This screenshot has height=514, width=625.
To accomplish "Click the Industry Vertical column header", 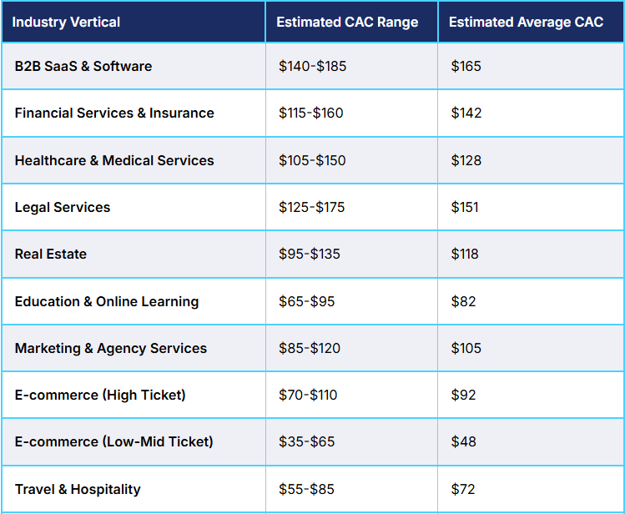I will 67,22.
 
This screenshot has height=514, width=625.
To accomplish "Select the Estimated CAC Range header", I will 348,22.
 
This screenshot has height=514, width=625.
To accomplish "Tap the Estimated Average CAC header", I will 526,22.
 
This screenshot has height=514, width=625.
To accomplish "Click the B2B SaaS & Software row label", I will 83,66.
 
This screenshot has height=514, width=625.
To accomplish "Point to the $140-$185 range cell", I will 312,66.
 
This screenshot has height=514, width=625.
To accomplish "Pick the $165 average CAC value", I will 466,66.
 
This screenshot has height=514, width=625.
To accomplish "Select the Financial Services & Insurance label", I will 114,113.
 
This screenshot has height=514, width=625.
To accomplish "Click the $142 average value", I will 466,113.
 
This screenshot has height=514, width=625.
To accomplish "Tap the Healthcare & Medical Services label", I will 114,160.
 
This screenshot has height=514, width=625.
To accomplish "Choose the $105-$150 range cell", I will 312,160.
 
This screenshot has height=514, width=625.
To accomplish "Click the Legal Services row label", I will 63,207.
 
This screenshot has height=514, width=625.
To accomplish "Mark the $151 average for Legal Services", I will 465,207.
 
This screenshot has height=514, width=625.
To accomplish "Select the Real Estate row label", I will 51,254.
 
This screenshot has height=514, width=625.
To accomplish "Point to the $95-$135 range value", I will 310,254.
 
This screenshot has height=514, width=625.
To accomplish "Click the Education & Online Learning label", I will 107,301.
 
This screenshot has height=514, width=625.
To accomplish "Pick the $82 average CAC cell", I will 463,301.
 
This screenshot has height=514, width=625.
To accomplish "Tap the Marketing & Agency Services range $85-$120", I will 310,348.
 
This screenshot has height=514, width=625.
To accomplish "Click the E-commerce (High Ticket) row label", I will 100,395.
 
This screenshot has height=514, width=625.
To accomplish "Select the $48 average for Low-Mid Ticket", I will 463,441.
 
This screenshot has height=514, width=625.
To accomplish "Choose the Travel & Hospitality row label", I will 78,489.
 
